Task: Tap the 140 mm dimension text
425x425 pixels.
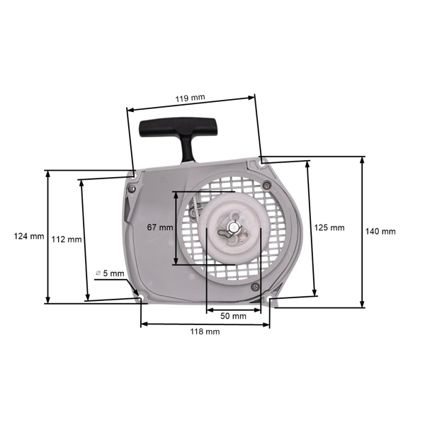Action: click(380, 231)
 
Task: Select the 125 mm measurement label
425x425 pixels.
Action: click(329, 227)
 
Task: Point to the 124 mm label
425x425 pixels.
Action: click(28, 236)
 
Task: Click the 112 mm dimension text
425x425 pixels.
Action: click(67, 239)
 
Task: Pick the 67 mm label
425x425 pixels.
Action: click(159, 227)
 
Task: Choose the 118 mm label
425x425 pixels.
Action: click(205, 331)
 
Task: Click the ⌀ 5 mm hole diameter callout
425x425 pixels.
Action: click(110, 273)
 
